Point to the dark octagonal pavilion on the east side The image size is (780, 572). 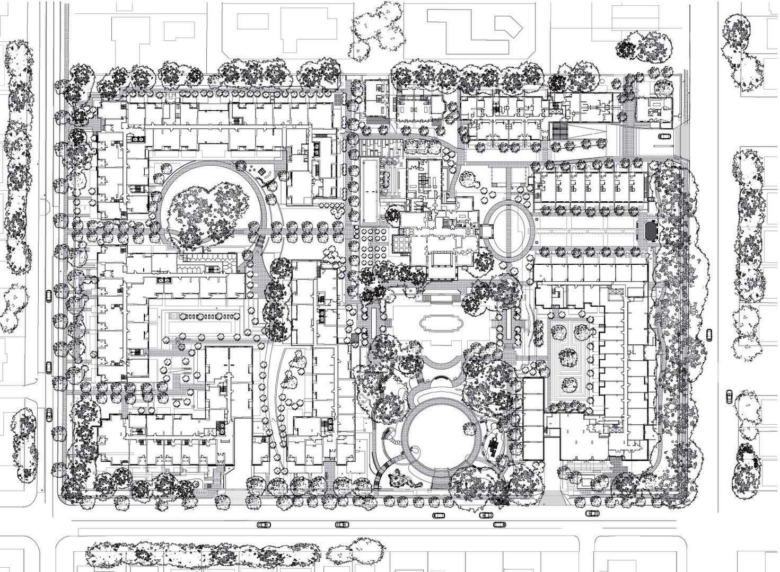click(x=650, y=230)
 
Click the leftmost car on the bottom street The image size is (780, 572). click(x=264, y=524)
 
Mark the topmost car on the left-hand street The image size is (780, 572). click(x=49, y=296)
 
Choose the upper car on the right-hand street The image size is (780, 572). click(x=709, y=333)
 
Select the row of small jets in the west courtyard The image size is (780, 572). click(x=204, y=316)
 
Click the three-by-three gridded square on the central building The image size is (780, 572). click(x=401, y=244)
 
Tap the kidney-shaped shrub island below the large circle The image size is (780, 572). click(x=399, y=479)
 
